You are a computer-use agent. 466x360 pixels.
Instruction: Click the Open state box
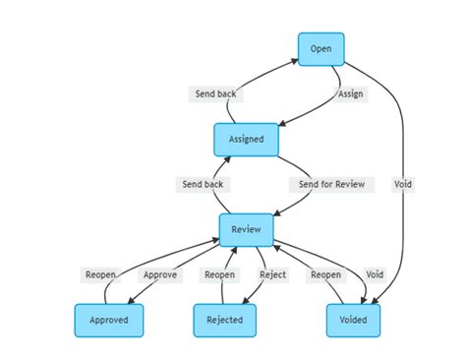(320, 49)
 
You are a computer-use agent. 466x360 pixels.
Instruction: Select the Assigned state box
(246, 140)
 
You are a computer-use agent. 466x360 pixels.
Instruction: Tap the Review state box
(246, 229)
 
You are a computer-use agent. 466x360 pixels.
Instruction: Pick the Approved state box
(108, 320)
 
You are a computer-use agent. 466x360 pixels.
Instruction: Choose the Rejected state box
(224, 320)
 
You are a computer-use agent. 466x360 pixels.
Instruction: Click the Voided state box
(352, 320)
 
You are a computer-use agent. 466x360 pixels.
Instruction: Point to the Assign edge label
(350, 94)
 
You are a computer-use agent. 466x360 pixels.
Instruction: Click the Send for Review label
(331, 185)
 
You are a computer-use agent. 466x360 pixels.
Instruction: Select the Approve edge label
(160, 275)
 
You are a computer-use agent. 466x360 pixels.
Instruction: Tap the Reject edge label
(272, 275)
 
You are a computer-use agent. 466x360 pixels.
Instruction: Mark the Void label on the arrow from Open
(403, 185)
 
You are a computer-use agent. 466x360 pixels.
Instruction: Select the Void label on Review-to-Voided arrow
(375, 275)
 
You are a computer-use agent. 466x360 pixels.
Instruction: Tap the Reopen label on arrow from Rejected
(218, 275)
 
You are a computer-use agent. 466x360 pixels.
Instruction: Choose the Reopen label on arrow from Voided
(325, 275)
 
